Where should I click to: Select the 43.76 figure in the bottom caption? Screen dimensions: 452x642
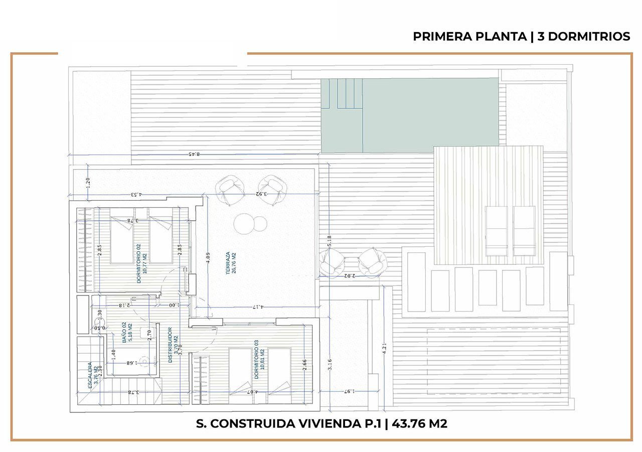click(x=406, y=424)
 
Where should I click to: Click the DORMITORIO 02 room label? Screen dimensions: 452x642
click(x=139, y=263)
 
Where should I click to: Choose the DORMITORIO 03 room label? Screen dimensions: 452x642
click(x=256, y=359)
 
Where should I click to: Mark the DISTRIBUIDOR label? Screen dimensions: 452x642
click(x=171, y=346)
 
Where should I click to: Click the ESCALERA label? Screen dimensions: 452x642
click(x=90, y=375)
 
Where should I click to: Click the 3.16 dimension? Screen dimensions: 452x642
click(x=330, y=365)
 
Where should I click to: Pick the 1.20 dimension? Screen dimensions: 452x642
click(x=88, y=182)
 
